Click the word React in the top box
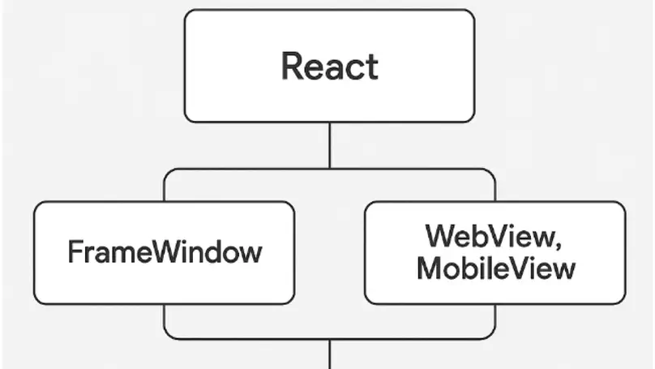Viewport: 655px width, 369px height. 329,66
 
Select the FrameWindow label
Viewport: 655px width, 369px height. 165,252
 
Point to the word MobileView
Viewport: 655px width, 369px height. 495,268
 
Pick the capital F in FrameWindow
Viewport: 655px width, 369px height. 74,252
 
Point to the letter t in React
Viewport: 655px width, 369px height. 372,67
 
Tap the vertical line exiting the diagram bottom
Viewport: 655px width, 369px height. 329,354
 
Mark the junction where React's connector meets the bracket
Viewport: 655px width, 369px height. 329,169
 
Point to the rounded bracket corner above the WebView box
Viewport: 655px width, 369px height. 491,173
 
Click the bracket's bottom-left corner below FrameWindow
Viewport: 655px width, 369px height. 169,334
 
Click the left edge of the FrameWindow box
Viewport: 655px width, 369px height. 34,252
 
